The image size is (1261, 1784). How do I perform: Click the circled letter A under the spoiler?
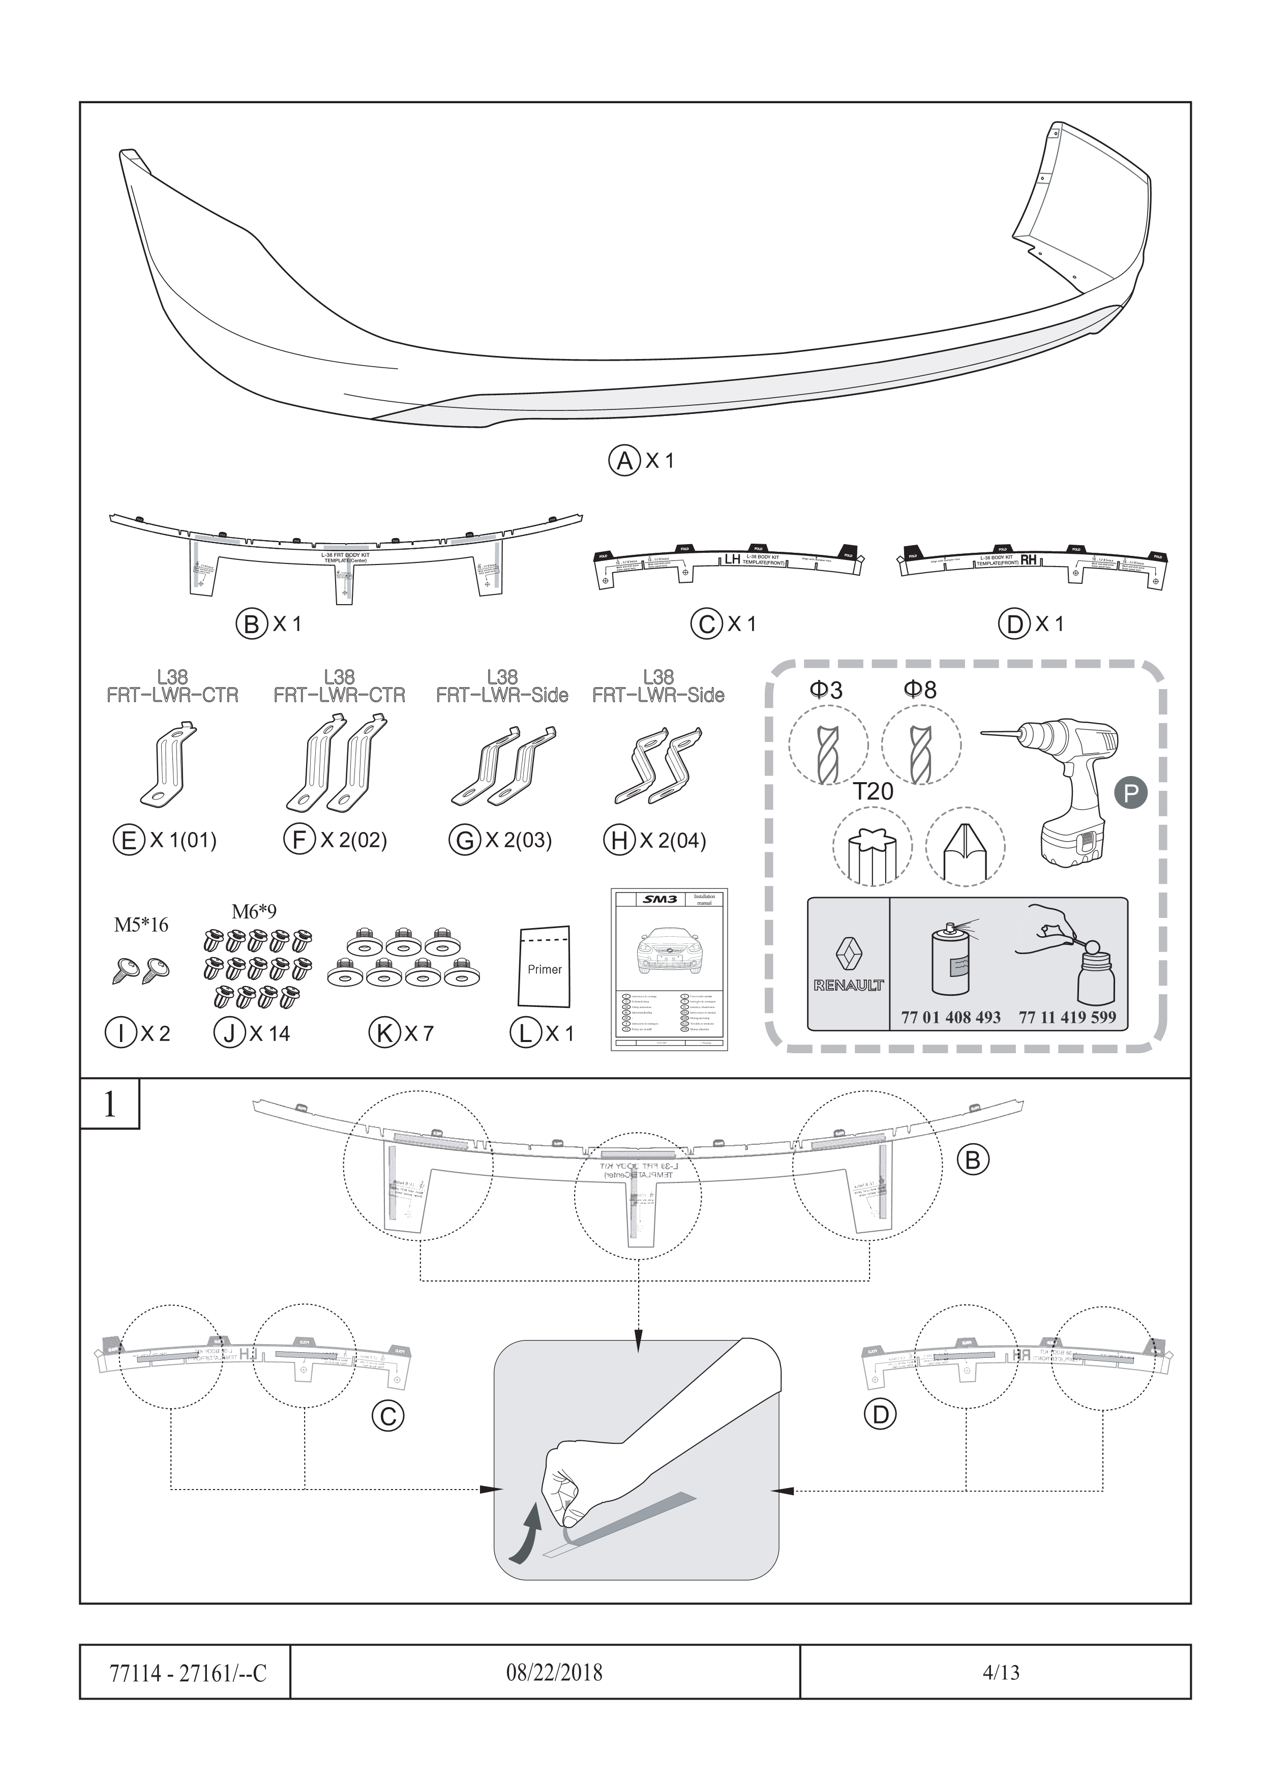tap(623, 460)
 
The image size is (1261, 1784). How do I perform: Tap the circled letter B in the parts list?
tap(251, 624)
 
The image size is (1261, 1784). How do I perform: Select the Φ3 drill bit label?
tap(825, 689)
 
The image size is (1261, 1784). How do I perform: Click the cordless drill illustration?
tap(1064, 785)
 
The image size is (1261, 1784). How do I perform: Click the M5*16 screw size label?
tap(141, 925)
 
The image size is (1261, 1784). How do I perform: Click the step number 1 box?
tap(109, 1104)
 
